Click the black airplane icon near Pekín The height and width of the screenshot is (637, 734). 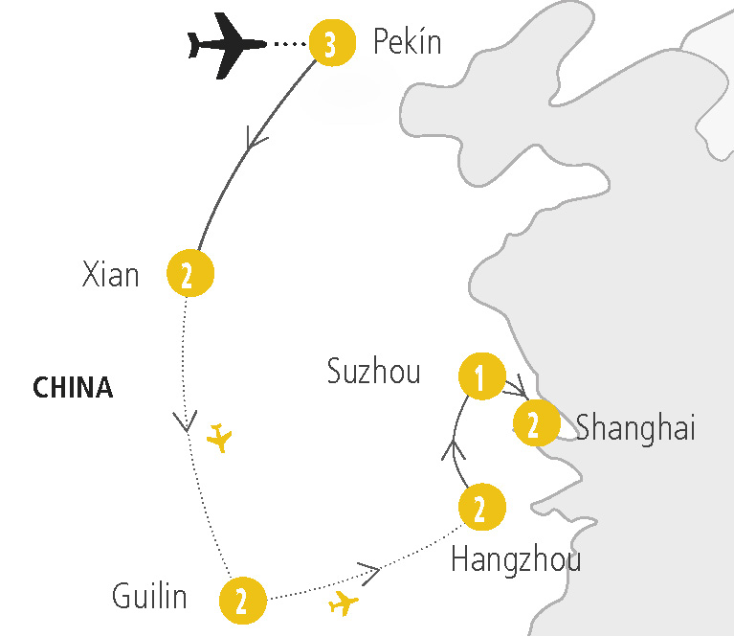pos(226,44)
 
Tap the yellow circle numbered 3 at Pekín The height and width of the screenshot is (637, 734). pos(330,45)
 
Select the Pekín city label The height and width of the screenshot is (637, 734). pos(407,43)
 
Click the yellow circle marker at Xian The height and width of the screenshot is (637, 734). pos(189,275)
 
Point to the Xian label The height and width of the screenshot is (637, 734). pos(111,275)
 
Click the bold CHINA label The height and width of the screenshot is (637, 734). pos(73,387)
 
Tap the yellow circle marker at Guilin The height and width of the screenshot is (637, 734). pos(242,600)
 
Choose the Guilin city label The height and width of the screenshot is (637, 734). pos(149,598)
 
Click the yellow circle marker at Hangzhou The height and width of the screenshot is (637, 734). pos(481,508)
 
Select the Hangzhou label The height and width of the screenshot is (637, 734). pos(516,558)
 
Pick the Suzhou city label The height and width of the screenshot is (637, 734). pos(374,372)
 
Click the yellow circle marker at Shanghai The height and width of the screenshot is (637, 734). pos(536,423)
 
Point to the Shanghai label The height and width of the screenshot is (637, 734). pos(635,428)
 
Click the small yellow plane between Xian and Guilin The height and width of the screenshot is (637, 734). pos(220,438)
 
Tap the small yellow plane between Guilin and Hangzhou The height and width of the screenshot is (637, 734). pos(343,603)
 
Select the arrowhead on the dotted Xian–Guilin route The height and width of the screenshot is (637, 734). pos(185,421)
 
